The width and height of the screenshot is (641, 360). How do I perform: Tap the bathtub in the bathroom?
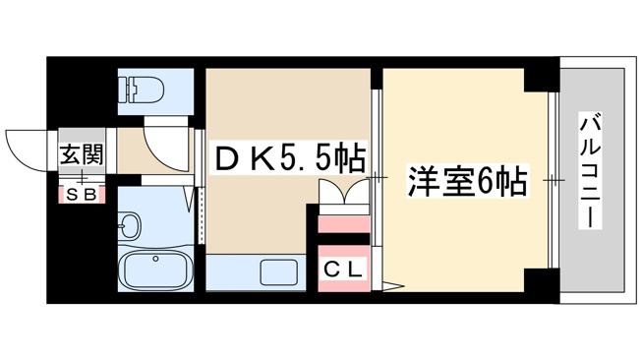coord(157,270)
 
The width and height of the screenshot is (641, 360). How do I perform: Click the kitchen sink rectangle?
coord(279,272)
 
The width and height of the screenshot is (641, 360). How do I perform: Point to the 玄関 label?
coord(82,153)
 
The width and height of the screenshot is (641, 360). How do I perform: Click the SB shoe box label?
coord(82,195)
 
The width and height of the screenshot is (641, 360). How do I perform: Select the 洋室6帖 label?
coord(467,181)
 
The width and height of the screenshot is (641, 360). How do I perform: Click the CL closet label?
coord(343,270)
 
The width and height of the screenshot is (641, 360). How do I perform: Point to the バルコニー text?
coord(591,171)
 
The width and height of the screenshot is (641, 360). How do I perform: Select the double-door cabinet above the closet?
coord(344,192)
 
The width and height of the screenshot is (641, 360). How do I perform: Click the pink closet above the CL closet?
coord(344,224)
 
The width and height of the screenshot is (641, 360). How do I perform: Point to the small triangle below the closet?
coord(393,285)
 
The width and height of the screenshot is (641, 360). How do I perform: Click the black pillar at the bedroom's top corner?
coord(542,80)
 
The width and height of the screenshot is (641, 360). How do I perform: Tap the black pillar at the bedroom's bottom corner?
coord(542,280)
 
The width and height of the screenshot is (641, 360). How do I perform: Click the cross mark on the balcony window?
coord(554,180)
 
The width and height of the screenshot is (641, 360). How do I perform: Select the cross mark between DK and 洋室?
coord(377,178)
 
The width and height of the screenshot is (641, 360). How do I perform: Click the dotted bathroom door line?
coord(202,215)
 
